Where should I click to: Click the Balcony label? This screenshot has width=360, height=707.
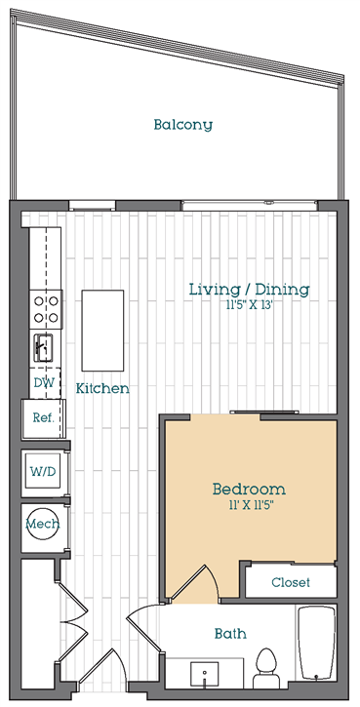pos(182,125)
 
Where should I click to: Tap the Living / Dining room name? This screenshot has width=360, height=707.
pos(249,290)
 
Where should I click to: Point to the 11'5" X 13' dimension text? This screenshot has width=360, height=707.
pos(250,305)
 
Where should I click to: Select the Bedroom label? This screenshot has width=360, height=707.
pos(249,489)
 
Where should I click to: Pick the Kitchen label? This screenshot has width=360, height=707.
pos(102,388)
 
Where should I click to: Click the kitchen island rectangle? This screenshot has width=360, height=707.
pos(102,331)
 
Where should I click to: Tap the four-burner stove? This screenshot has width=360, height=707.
pos(46,309)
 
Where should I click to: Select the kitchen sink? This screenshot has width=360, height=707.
pos(42,347)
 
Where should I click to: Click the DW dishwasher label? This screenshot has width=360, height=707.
pos(44,383)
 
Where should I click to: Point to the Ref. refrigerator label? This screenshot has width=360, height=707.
pos(43,417)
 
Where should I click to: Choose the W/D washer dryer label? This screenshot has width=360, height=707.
pos(43,472)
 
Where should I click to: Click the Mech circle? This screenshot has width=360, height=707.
pos(42,524)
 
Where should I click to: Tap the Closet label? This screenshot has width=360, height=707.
pos(291,582)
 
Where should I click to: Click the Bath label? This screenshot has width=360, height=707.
pos(230,634)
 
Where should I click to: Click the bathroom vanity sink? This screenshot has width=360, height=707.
pos(204,675)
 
